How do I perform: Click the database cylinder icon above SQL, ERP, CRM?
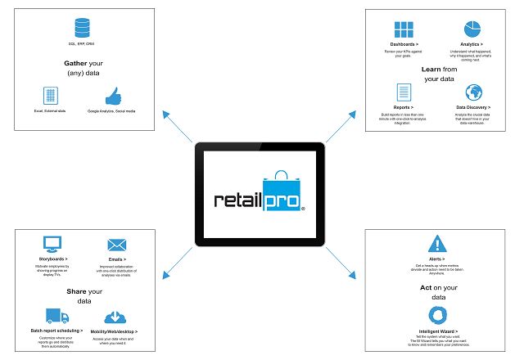tap(80, 26)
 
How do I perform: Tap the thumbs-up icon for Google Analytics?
tap(112, 95)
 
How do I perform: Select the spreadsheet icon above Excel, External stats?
tap(50, 95)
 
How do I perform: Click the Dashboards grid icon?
tap(403, 30)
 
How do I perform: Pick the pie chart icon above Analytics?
tap(472, 30)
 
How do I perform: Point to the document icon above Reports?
tap(403, 92)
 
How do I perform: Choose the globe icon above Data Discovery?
tap(473, 92)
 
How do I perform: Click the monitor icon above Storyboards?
tap(52, 244)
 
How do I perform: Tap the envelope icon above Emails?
tap(116, 245)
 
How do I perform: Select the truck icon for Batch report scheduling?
tap(53, 316)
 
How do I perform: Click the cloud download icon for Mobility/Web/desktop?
tap(115, 317)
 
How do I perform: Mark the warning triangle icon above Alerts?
tap(438, 243)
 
